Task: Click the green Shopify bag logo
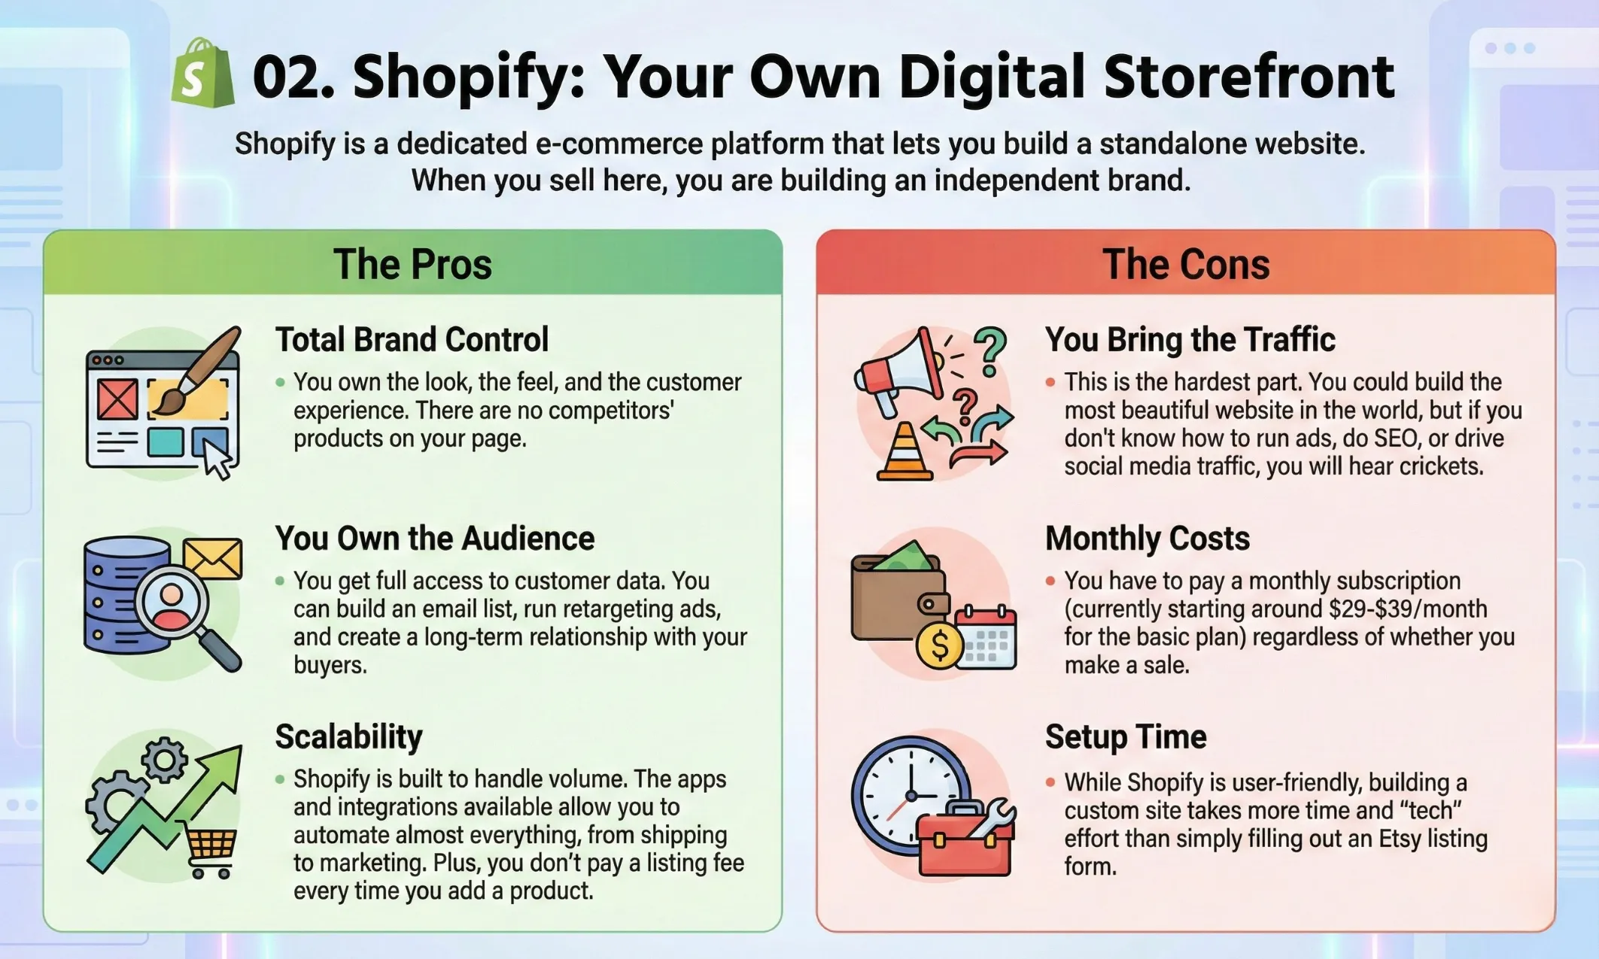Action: tap(202, 74)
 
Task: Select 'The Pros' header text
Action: tap(412, 264)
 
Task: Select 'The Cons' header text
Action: tap(1186, 264)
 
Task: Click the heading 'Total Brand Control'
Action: tap(412, 340)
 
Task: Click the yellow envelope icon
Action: tap(213, 558)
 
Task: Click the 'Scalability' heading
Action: tap(348, 737)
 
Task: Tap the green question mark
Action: tap(990, 351)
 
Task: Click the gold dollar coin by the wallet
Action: tap(939, 645)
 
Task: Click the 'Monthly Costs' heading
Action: tap(1147, 539)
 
